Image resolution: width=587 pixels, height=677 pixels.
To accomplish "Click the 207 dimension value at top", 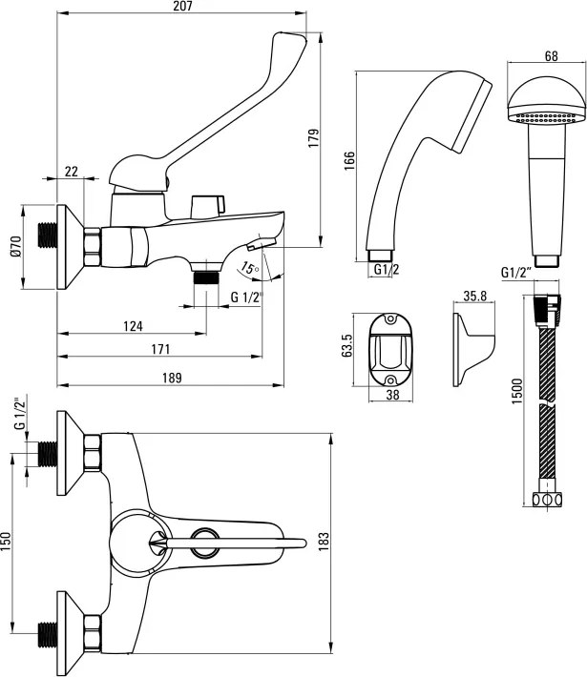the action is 182,6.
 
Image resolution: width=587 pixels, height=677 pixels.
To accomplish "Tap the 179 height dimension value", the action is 313,138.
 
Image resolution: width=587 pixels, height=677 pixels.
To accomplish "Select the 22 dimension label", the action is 72,172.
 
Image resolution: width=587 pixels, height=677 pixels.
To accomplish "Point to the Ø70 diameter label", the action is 16,247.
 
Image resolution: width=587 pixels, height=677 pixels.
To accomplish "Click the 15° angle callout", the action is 249,268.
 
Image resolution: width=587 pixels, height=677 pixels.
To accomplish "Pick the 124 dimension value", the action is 133,326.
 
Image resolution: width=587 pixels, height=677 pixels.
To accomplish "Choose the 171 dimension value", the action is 160,349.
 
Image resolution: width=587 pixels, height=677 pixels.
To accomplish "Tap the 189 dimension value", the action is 172,378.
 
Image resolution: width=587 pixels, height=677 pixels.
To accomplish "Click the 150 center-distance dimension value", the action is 5,541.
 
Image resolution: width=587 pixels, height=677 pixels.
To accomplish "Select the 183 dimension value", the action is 324,542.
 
